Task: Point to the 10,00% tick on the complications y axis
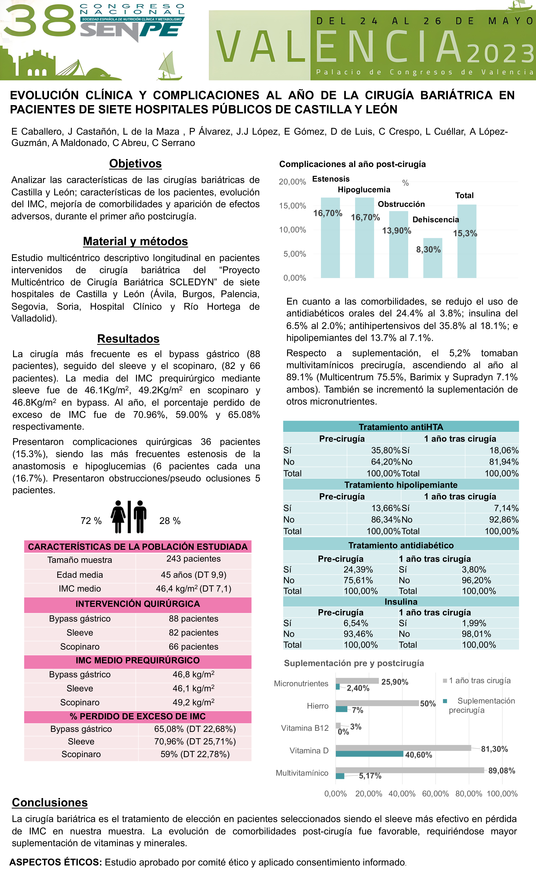(292, 230)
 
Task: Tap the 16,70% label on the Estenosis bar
(328, 213)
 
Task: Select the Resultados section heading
(128, 339)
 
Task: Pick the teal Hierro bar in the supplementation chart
(341, 709)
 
